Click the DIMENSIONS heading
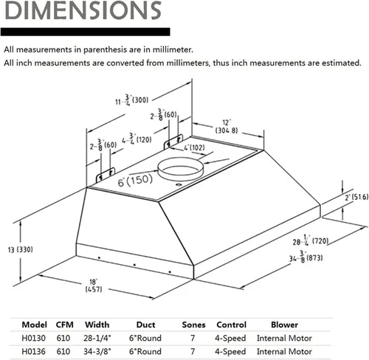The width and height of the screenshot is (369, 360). tap(83, 10)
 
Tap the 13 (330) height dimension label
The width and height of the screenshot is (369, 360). tap(21, 250)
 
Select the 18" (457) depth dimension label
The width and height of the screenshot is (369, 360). tap(94, 285)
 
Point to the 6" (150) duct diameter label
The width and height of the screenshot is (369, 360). tap(135, 181)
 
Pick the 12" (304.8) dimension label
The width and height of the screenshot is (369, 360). tap(227, 127)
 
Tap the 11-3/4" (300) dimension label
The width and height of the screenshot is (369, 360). tap(132, 100)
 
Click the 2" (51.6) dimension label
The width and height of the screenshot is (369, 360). tap(356, 197)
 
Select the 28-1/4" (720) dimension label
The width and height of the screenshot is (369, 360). tap(311, 240)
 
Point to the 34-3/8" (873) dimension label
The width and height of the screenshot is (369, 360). tap(306, 257)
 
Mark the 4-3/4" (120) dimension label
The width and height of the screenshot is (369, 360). tap(137, 139)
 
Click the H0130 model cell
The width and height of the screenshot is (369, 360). tap(33, 338)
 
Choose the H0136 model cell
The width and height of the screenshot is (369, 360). tap(33, 351)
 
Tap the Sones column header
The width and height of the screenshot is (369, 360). tap(193, 325)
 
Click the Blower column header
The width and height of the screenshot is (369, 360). tap(284, 325)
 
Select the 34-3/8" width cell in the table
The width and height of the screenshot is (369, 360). tap(97, 351)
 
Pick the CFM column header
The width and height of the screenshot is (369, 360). tap(65, 325)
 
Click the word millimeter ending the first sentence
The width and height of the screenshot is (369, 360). tap(173, 49)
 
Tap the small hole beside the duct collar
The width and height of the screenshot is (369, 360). tap(179, 185)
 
